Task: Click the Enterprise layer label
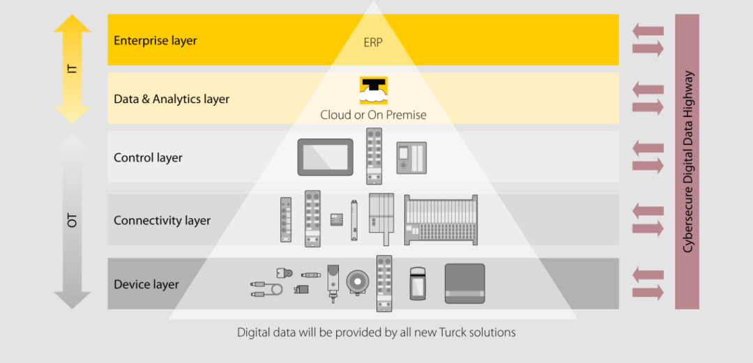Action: coord(155,40)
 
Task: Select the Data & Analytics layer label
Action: coord(172,99)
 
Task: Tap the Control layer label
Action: coord(148,157)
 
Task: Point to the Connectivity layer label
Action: coord(162,220)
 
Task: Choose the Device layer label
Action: coord(146,284)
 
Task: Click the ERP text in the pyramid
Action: coord(373,43)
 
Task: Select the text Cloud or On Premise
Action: coord(373,115)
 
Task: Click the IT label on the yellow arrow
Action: coord(73,68)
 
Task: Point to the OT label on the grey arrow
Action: coord(73,221)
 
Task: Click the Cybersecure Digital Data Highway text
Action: coord(687,161)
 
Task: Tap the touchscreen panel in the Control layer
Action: coord(326,157)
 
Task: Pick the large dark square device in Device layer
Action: coord(464,284)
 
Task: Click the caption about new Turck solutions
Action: coord(376,332)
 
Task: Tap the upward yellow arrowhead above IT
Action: coord(73,25)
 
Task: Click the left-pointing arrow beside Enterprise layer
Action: coord(648,31)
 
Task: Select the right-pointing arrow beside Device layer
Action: coord(648,293)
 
